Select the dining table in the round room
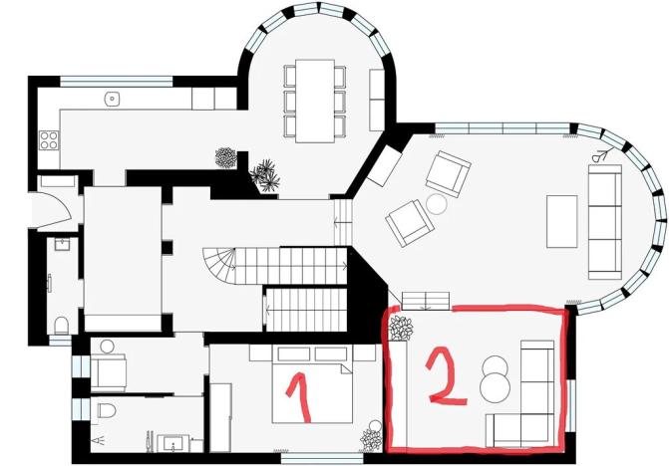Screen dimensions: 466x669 (x=318, y=100)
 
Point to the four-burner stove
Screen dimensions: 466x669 (x=47, y=139)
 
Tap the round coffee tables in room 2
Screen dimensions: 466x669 (x=495, y=375)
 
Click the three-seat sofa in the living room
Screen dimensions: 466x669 (x=605, y=221)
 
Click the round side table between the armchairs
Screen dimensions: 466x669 (x=436, y=204)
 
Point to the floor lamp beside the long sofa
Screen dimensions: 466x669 (x=600, y=155)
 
